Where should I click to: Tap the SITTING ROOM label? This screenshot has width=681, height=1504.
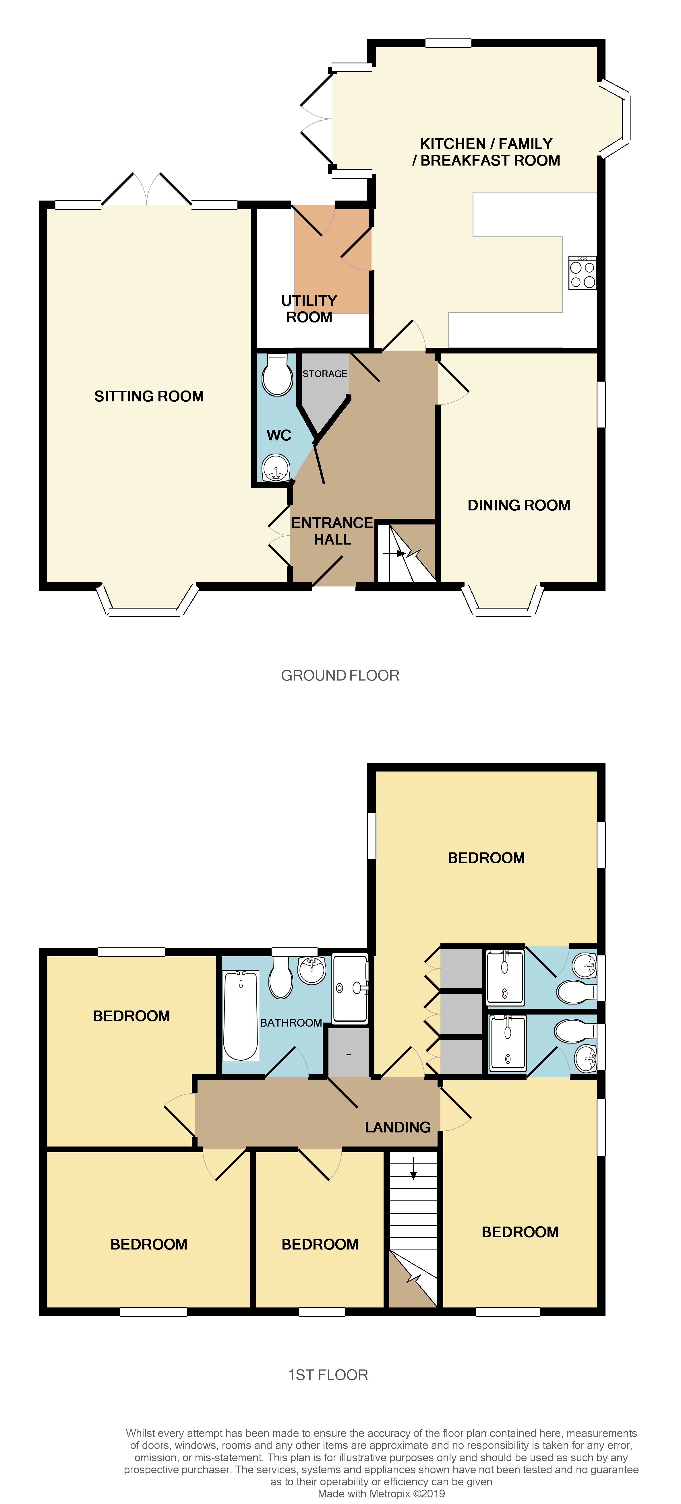[x=149, y=397]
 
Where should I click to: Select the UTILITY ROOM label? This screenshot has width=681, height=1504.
[x=309, y=309]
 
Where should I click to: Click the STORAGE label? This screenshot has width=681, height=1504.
[x=325, y=374]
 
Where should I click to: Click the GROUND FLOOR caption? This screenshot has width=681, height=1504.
[x=340, y=675]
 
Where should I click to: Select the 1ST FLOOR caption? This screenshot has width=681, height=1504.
[x=328, y=1375]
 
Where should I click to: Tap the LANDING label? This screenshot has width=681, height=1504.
[x=398, y=1127]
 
